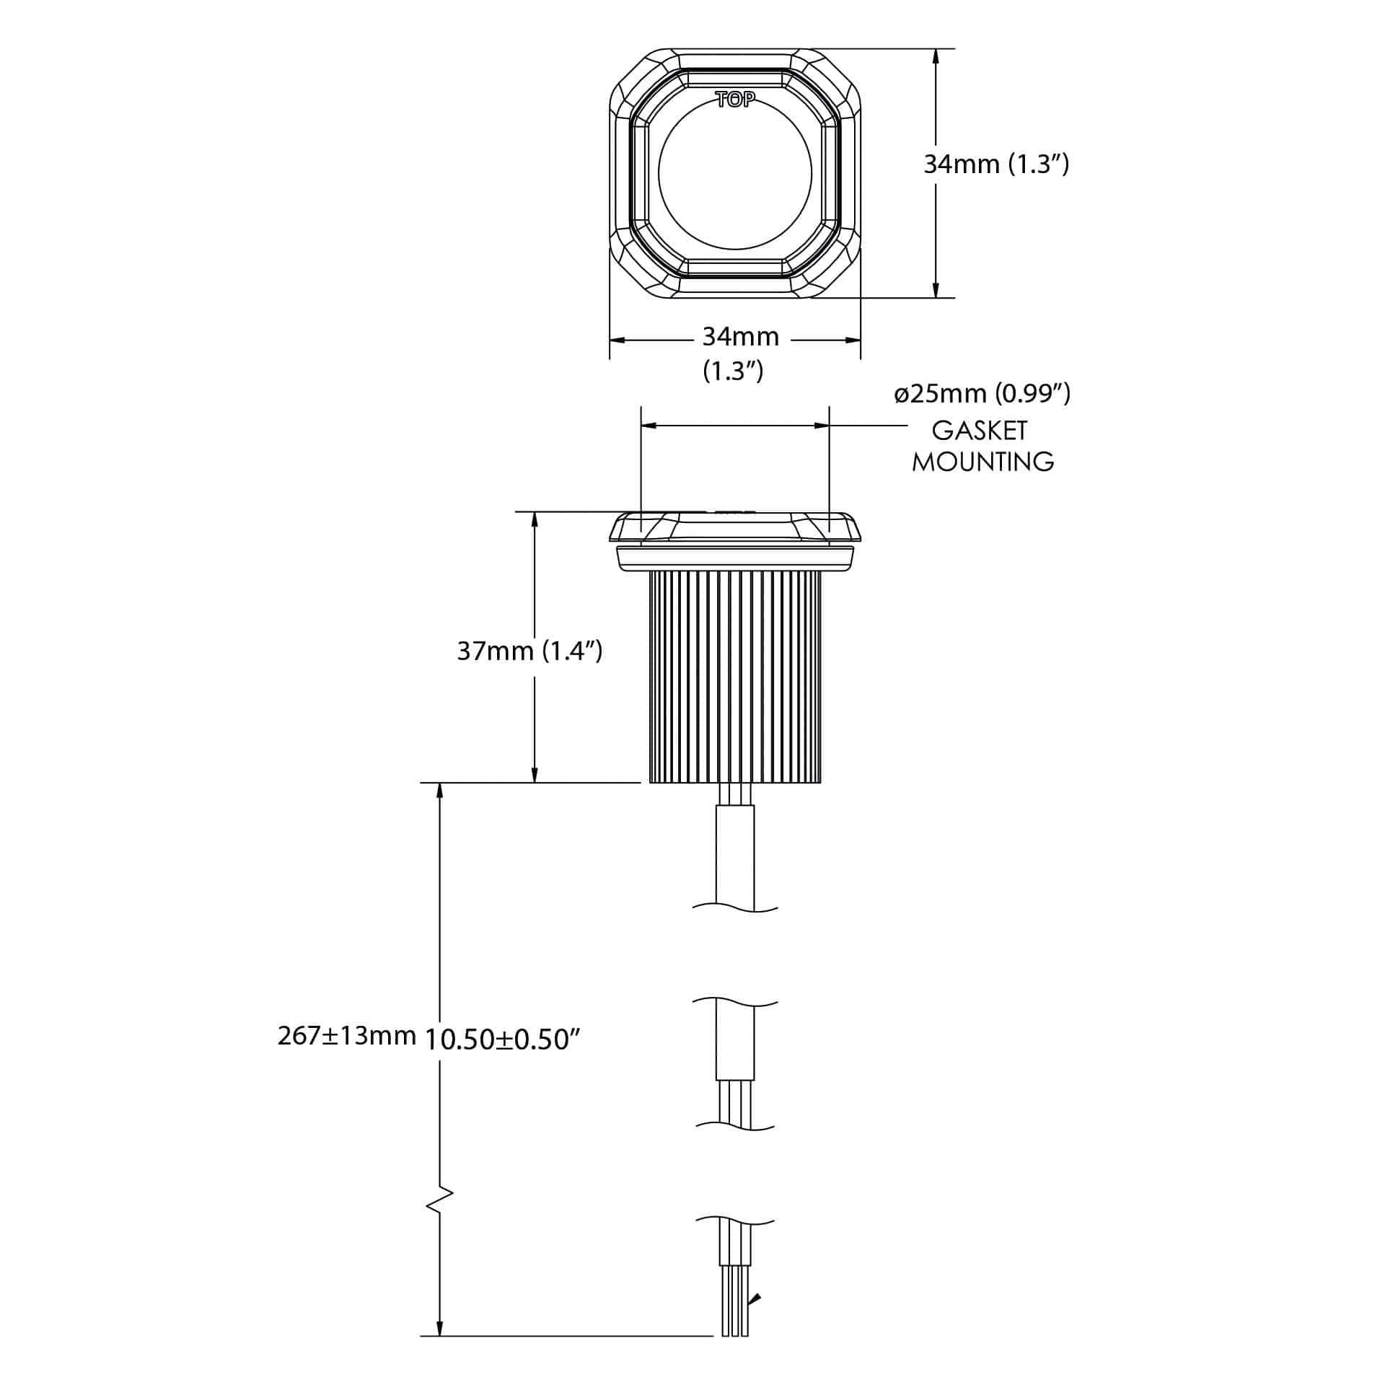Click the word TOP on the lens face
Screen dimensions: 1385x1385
tap(735, 100)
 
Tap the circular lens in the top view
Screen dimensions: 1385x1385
tap(735, 173)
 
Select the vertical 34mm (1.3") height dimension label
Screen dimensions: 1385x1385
tap(996, 164)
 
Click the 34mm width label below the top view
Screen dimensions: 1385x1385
tap(740, 337)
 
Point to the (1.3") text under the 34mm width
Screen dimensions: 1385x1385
tap(733, 371)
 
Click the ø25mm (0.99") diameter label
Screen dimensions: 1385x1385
tap(982, 394)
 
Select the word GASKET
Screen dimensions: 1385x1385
tap(979, 431)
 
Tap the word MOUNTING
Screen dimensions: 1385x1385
tap(982, 462)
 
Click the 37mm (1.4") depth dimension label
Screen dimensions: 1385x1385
tap(529, 651)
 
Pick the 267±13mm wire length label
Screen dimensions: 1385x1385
tap(347, 1036)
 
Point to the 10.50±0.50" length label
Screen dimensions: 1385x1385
tap(503, 1039)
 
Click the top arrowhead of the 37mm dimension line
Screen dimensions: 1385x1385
tap(535, 520)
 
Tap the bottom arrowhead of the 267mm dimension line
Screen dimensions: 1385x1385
tap(439, 1327)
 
